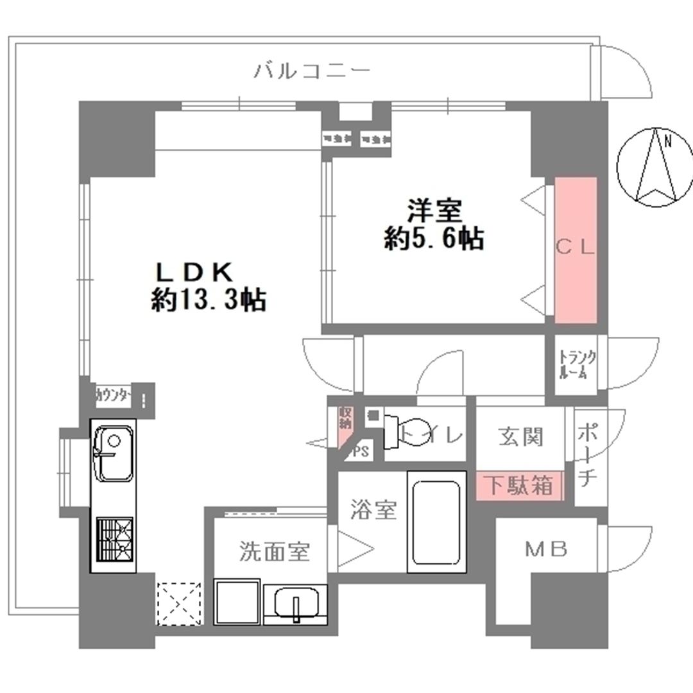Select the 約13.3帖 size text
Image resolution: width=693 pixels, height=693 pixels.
tap(209, 300)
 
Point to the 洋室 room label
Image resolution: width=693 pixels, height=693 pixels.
tap(434, 210)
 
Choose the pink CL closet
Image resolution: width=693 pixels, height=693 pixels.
tap(576, 250)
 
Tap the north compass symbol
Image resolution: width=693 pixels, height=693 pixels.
tap(654, 165)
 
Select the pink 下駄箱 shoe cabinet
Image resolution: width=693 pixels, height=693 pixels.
tap(518, 486)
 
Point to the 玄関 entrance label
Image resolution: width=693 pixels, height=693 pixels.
tap(520, 437)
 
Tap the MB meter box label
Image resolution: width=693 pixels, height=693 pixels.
tap(547, 549)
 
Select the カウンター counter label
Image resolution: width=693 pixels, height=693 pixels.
tap(114, 395)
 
